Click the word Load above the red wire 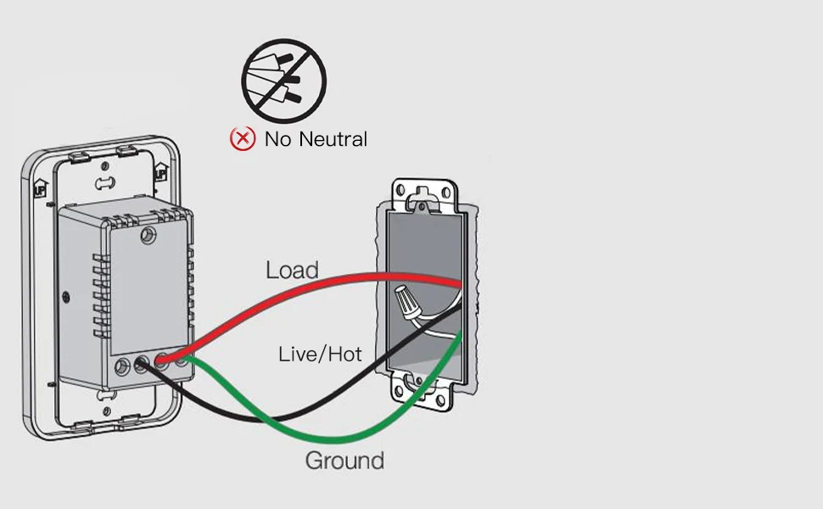292,270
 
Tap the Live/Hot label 320,354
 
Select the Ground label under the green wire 344,461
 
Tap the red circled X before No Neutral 243,138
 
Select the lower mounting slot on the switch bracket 105,395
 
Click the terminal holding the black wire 141,366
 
